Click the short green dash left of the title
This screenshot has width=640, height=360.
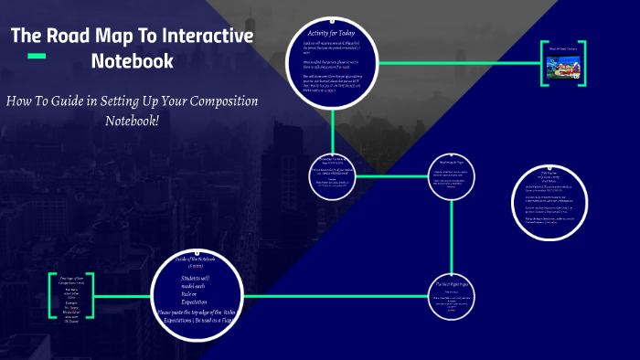37,57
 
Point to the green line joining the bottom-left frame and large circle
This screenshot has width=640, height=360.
123,296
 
